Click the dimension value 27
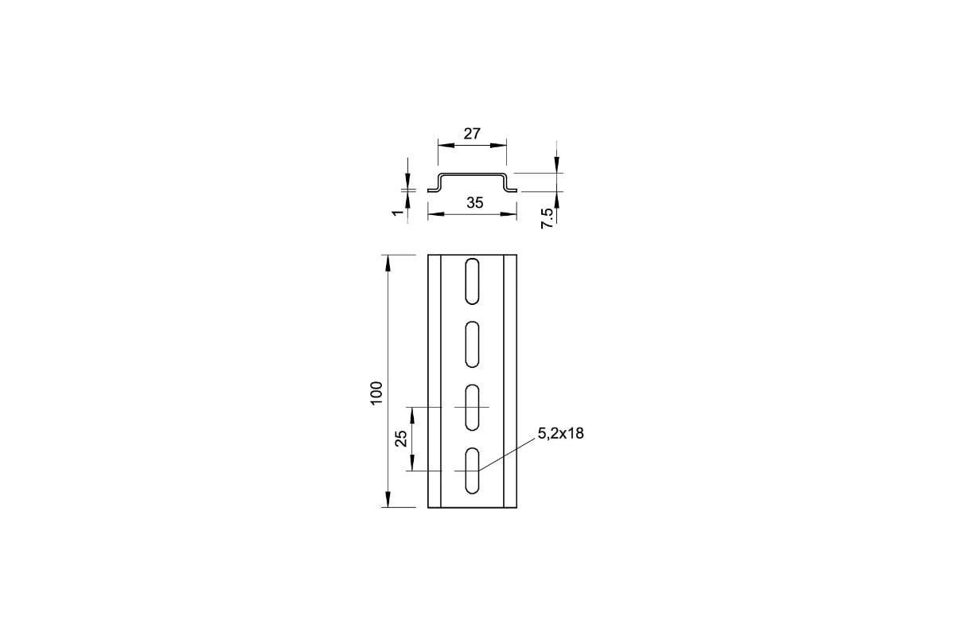click(472, 134)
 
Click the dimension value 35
click(474, 203)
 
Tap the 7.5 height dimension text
click(547, 218)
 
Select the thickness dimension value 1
click(398, 212)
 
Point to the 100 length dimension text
click(376, 393)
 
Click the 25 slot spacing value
click(401, 438)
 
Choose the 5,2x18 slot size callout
click(560, 433)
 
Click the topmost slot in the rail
click(472, 281)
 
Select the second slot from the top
click(472, 344)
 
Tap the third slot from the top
click(472, 408)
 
